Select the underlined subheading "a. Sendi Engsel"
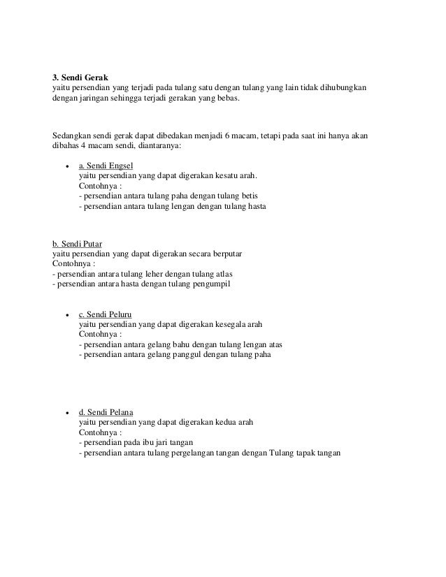106,166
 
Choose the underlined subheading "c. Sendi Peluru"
106,314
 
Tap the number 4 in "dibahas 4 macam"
85,146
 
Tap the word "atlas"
222,273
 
